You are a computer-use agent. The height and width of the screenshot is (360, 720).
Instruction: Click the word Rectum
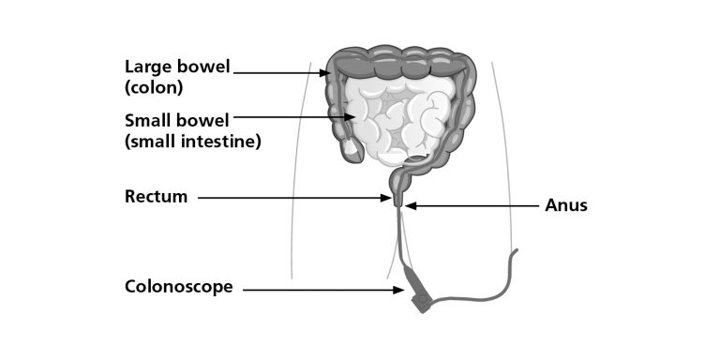[x=157, y=197]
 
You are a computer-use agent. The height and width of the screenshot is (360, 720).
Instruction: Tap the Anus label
[x=566, y=204]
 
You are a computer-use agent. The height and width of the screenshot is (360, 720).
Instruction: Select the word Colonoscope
[x=178, y=287]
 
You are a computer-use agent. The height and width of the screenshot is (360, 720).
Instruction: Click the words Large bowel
[x=177, y=67]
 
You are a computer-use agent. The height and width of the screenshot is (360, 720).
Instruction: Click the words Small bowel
[x=176, y=121]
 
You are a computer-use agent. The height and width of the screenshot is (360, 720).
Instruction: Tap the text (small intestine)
[x=192, y=142]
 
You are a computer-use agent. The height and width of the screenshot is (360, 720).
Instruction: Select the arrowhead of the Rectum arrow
[x=388, y=198]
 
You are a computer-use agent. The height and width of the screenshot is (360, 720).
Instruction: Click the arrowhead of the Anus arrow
[x=408, y=205]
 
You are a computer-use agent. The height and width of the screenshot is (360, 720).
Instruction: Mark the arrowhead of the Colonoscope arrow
[x=400, y=290]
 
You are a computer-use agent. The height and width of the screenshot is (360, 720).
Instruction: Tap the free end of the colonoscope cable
[x=516, y=250]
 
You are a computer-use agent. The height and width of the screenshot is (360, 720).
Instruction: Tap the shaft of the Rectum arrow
[x=291, y=198]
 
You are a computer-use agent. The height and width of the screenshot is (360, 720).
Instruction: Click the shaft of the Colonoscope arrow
[x=319, y=290]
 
